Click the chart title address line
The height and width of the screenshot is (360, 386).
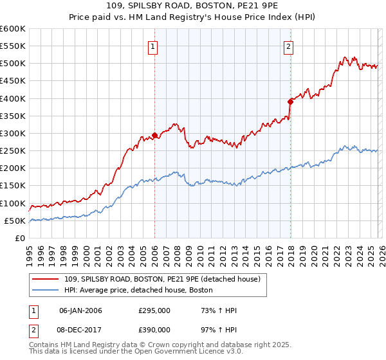coord(193,6)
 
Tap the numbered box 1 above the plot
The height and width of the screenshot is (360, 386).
coord(153,46)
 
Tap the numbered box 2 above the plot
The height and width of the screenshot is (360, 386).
coord(289,46)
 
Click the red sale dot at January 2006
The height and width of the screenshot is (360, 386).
coord(154,136)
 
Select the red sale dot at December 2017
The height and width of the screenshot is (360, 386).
coord(290,102)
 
